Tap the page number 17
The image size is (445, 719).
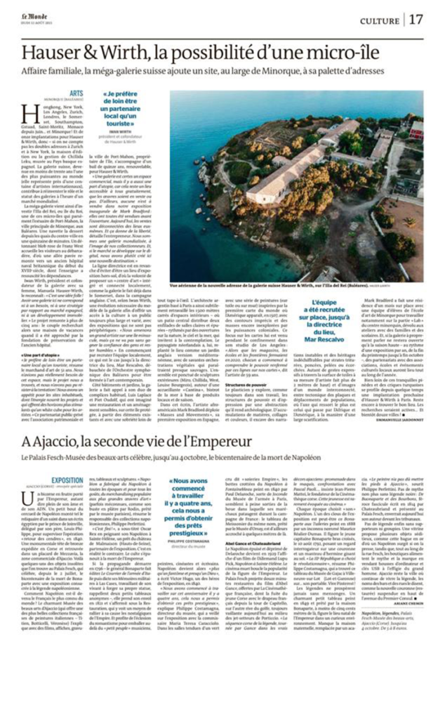[x=416, y=20]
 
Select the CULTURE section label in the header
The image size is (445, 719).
[x=379, y=20]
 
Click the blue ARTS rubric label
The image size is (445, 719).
[x=77, y=93]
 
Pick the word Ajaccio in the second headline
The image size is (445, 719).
[x=55, y=442]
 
